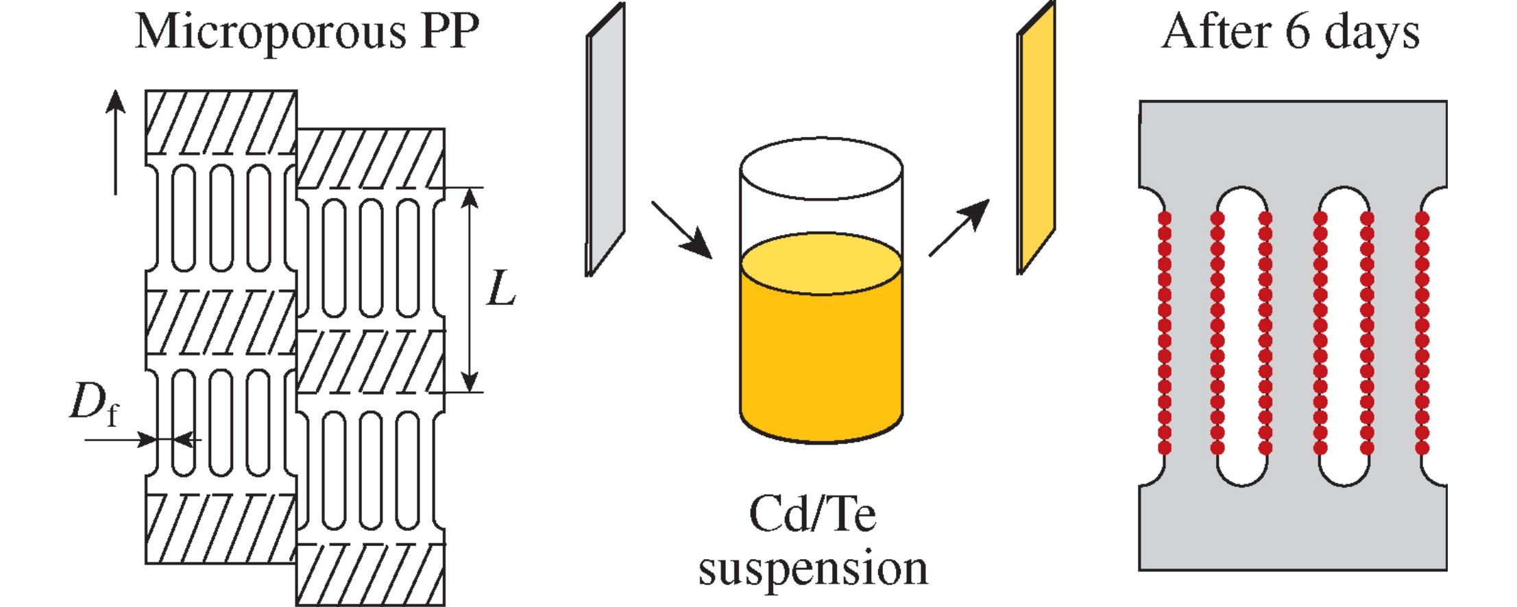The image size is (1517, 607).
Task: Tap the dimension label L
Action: pyautogui.click(x=501, y=288)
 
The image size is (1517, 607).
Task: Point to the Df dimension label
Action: pyautogui.click(x=95, y=404)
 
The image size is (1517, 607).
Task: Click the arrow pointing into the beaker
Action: pyautogui.click(x=681, y=230)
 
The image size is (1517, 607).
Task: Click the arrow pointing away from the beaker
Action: pyautogui.click(x=958, y=228)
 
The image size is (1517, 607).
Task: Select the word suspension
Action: pyautogui.click(x=813, y=569)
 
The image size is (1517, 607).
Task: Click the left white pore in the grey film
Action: pyautogui.click(x=1241, y=336)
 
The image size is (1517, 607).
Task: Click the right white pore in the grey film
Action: pyautogui.click(x=1344, y=336)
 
